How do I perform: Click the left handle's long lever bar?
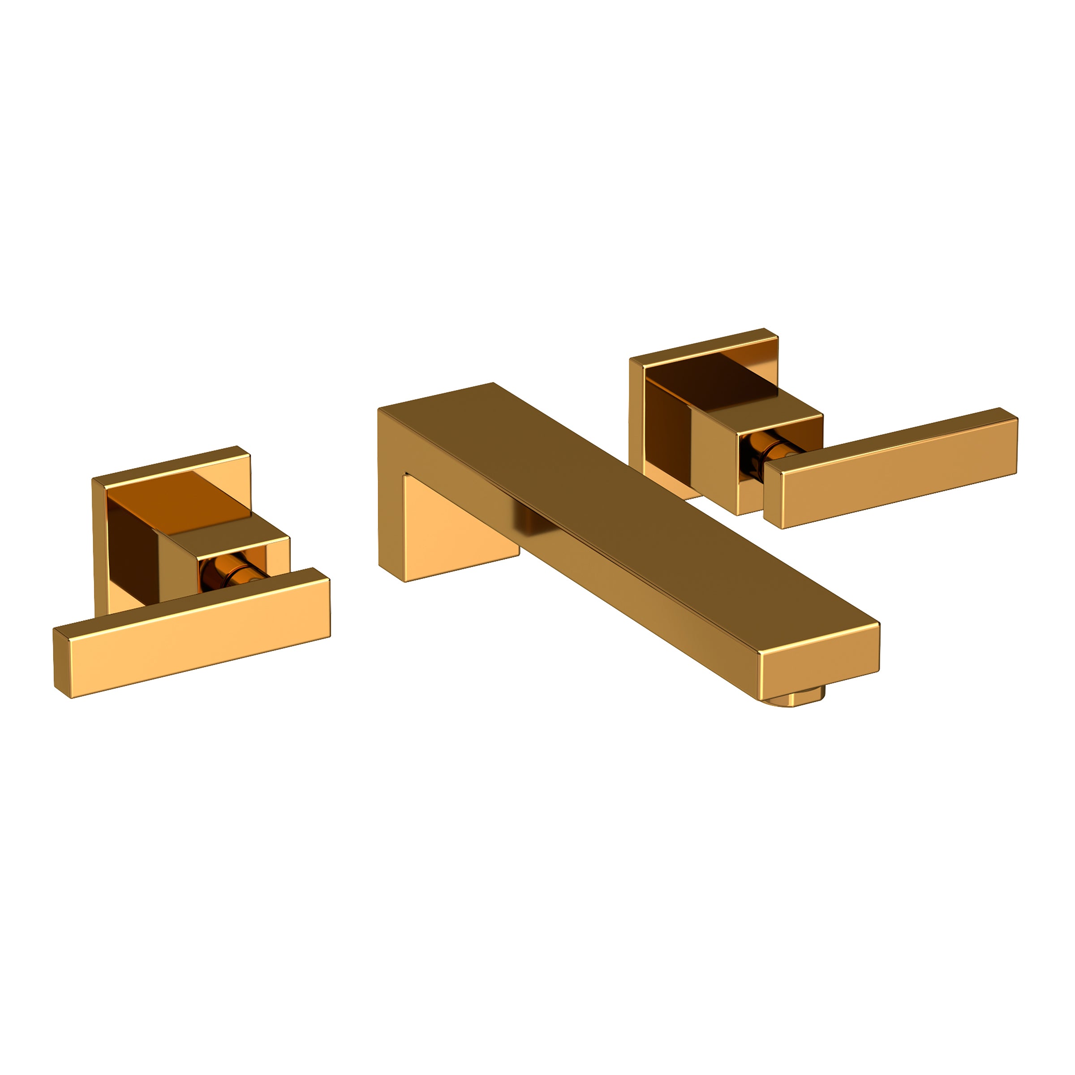pos(200,640)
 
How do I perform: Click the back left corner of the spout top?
pos(381,410)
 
